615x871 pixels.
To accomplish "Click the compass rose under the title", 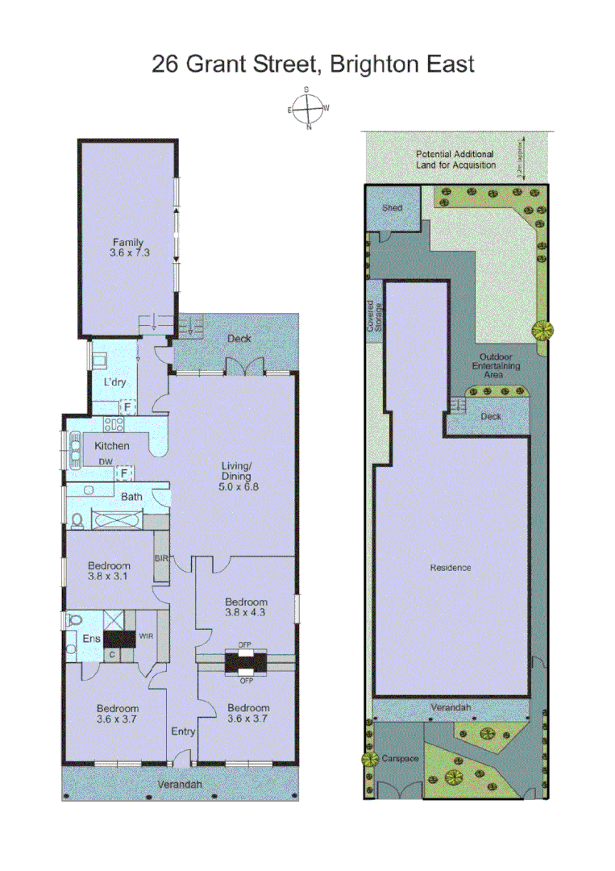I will click(x=308, y=108).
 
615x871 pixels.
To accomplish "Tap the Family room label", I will click(x=127, y=247).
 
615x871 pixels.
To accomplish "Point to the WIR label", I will click(x=147, y=636).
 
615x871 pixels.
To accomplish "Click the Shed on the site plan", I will click(x=393, y=208).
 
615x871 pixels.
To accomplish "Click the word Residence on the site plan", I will click(x=451, y=568).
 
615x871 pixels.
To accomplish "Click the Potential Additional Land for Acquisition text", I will click(x=455, y=159).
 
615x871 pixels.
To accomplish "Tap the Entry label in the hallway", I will click(x=183, y=731).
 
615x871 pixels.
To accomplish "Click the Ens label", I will click(x=91, y=639).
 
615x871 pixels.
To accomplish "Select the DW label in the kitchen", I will click(x=105, y=462).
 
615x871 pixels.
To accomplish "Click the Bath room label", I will click(x=131, y=497).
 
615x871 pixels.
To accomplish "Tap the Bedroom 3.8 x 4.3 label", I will click(x=246, y=606).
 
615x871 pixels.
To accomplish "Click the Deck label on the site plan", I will click(x=491, y=417).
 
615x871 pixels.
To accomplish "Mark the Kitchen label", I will click(x=112, y=445).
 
